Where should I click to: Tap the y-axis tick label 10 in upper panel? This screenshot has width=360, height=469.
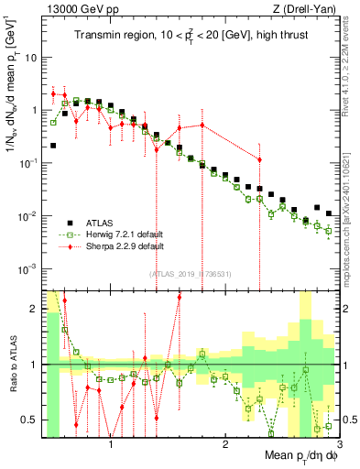pyautogui.click(x=30, y=56)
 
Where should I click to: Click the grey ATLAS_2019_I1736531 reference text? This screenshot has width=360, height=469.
pyautogui.click(x=190, y=274)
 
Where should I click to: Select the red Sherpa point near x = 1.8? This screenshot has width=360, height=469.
pyautogui.click(x=202, y=125)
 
